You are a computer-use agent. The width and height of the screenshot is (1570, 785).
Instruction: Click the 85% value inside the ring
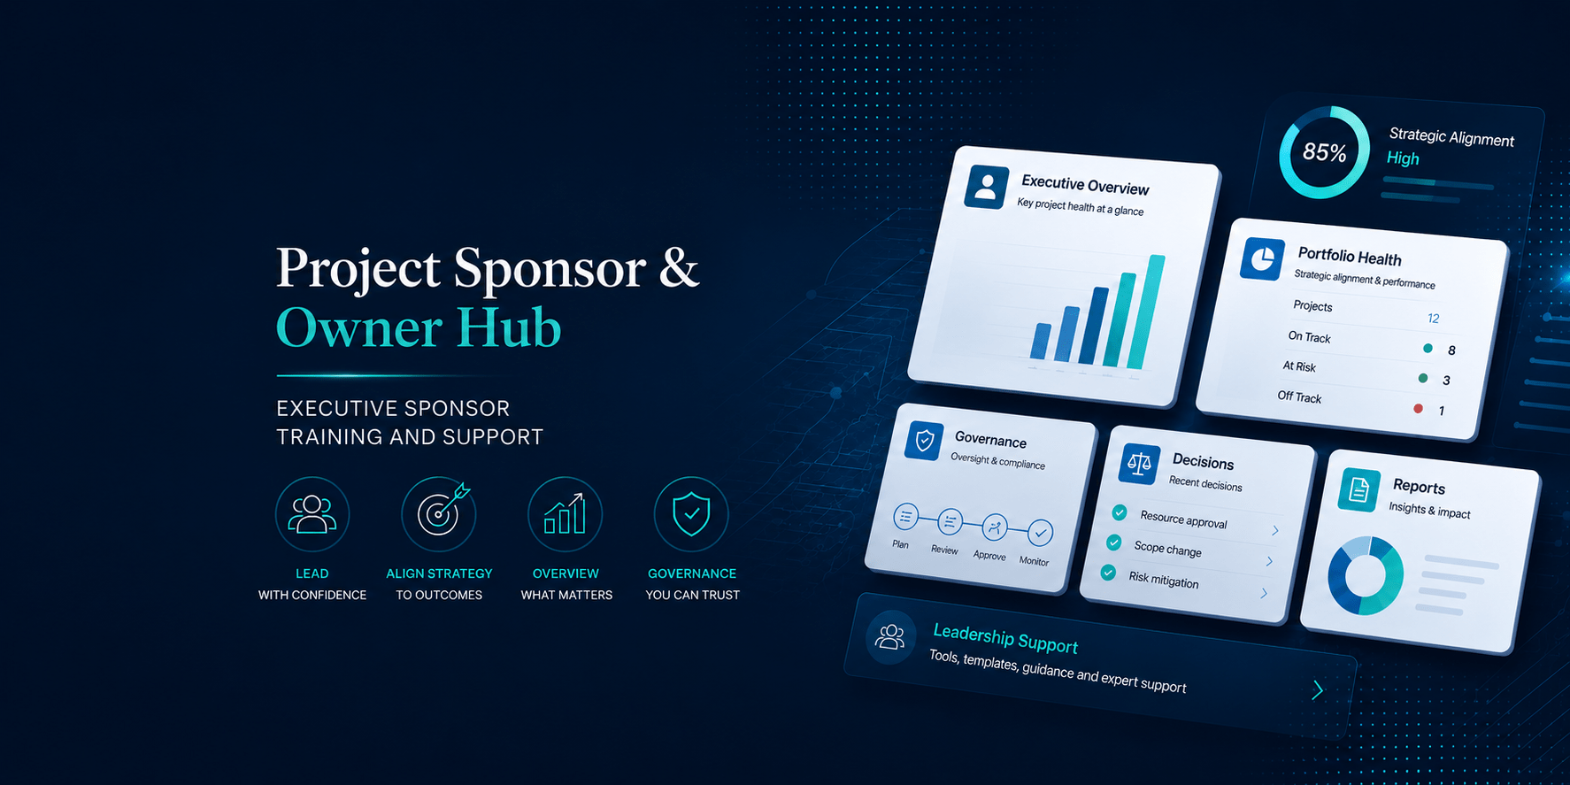click(x=1324, y=152)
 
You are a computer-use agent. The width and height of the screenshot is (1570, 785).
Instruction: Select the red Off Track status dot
click(x=1418, y=408)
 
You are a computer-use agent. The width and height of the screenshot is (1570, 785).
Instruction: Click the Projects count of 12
click(x=1433, y=319)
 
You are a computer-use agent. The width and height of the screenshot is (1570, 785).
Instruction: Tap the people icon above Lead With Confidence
click(x=312, y=514)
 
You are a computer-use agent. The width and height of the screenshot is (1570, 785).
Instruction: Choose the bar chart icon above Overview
click(x=565, y=514)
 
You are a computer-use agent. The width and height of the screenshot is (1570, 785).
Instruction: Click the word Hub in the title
click(x=509, y=327)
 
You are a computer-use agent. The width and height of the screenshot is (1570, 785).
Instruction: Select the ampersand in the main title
click(x=679, y=267)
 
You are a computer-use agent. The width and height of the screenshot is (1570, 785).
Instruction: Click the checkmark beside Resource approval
click(x=1120, y=512)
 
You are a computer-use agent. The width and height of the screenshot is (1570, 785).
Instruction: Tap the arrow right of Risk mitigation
click(x=1264, y=593)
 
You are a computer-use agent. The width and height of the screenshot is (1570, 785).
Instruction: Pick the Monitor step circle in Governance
click(x=1040, y=533)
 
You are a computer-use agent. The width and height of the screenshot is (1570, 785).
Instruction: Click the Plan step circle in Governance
click(x=905, y=517)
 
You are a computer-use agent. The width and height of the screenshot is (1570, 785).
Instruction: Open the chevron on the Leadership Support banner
click(x=1318, y=689)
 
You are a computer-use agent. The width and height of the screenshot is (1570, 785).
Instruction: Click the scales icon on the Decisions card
click(x=1139, y=463)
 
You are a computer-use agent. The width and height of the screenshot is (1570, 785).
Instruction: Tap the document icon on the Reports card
click(x=1359, y=489)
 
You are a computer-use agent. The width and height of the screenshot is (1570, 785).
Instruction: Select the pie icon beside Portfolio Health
click(x=1262, y=259)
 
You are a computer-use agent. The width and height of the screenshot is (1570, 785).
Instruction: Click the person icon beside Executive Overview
click(x=987, y=187)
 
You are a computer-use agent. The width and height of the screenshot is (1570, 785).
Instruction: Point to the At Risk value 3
click(x=1446, y=381)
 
